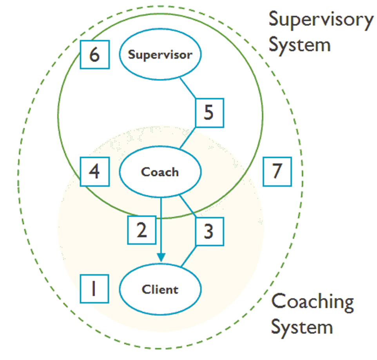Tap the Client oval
click(x=160, y=289)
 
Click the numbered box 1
click(x=94, y=289)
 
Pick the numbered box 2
click(x=141, y=230)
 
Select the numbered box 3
click(x=209, y=231)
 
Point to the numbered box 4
click(x=94, y=172)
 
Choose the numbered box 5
click(x=209, y=113)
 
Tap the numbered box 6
click(x=94, y=54)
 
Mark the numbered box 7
click(x=277, y=171)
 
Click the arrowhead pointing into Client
click(x=161, y=256)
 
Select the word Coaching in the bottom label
click(x=312, y=302)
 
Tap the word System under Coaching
click(x=302, y=327)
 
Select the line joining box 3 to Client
click(x=189, y=257)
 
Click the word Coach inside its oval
click(x=160, y=172)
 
